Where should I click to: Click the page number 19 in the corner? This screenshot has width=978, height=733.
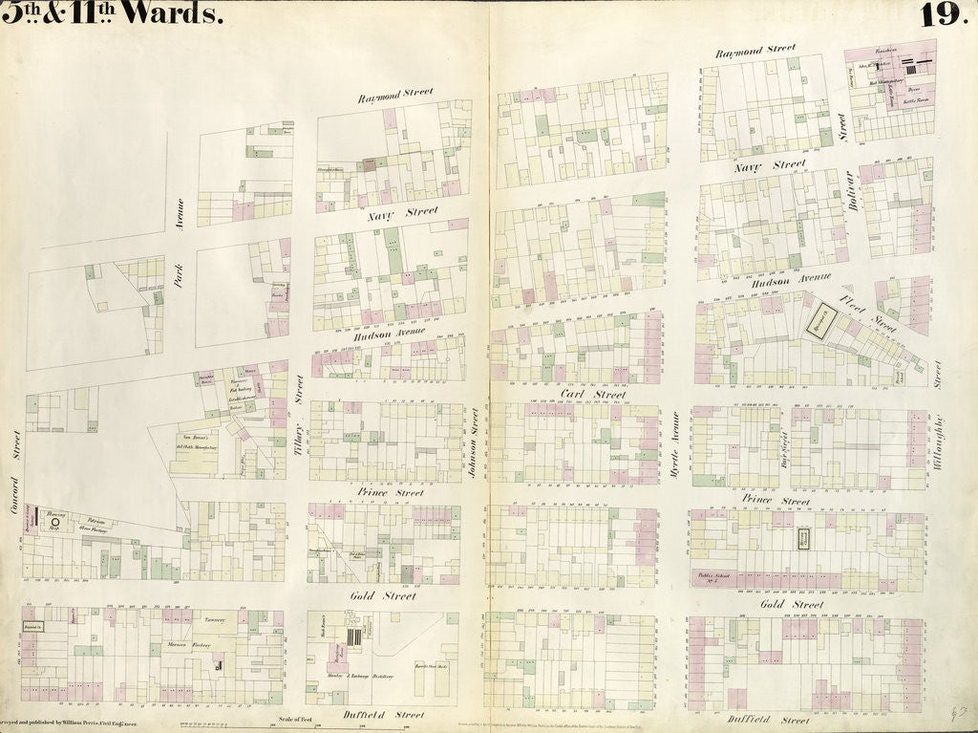pyautogui.click(x=944, y=14)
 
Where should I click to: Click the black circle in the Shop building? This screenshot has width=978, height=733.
pyautogui.click(x=54, y=523)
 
